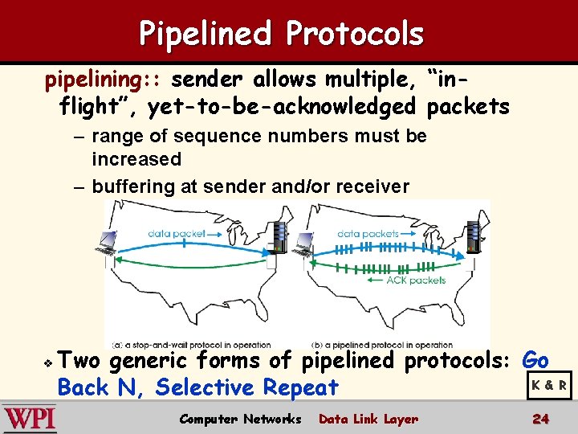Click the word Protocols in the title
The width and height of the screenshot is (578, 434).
click(354, 34)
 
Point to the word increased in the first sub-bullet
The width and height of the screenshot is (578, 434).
click(136, 159)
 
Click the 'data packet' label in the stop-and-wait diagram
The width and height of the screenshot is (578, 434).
click(177, 233)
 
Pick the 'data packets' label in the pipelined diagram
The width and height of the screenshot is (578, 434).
click(367, 233)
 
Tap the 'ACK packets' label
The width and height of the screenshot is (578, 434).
click(416, 280)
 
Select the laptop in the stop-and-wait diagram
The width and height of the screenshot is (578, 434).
click(108, 244)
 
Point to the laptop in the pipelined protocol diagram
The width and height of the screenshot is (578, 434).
click(304, 244)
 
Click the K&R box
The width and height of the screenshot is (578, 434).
click(549, 385)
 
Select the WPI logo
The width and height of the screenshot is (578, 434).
click(29, 419)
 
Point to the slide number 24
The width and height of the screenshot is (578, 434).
click(540, 419)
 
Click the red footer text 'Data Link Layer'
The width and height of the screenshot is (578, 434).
click(368, 419)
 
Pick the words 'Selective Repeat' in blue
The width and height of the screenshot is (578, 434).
click(247, 388)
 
